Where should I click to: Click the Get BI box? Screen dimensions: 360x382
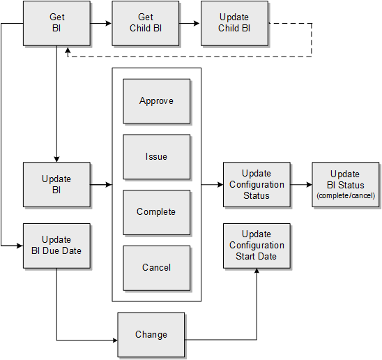click(56, 23)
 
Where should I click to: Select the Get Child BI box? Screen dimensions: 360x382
click(145, 23)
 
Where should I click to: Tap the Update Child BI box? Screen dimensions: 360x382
click(234, 23)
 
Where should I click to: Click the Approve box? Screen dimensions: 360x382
click(156, 101)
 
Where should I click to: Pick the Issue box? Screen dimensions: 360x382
click(156, 156)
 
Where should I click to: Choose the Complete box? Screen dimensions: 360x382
click(156, 212)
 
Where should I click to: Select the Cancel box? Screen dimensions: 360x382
click(156, 268)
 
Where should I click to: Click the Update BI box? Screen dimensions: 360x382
click(56, 185)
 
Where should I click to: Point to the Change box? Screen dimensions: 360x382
click(151, 335)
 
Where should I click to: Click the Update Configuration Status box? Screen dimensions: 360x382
click(257, 185)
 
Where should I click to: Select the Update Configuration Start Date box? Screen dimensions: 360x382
click(257, 246)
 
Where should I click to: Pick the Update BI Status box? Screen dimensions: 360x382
click(346, 185)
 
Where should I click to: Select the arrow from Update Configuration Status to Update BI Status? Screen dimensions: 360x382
click(301, 185)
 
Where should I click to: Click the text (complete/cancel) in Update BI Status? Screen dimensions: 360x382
click(346, 196)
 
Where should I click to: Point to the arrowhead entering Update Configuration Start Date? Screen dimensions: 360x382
click(257, 273)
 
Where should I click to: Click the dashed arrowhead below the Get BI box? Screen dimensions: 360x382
click(68, 50)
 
